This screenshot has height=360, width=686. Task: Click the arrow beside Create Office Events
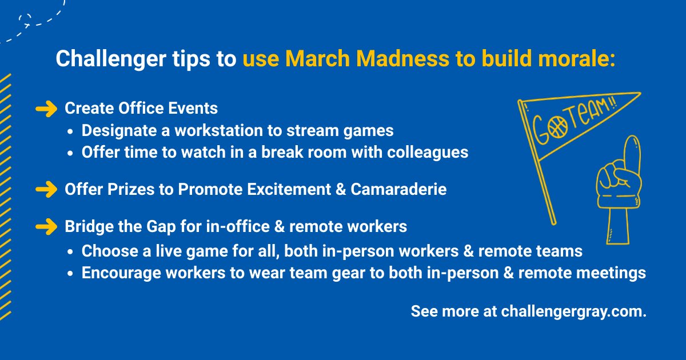(x=46, y=108)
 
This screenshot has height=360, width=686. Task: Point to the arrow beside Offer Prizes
(x=46, y=189)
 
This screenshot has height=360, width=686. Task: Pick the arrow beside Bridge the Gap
(x=46, y=226)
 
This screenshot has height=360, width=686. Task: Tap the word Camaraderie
(x=398, y=189)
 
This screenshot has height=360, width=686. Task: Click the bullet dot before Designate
(x=70, y=131)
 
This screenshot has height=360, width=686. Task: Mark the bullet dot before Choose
(x=70, y=251)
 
